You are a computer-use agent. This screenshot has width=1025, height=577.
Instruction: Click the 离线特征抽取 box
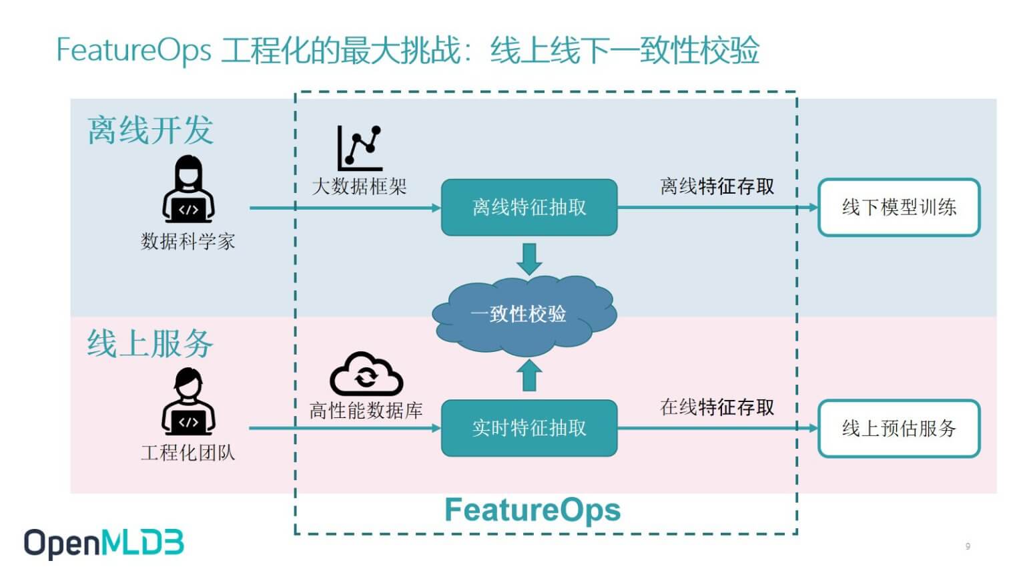coord(529,208)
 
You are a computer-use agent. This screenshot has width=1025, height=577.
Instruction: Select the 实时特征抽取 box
coord(529,428)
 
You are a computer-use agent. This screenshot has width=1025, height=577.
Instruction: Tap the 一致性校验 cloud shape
coord(525,315)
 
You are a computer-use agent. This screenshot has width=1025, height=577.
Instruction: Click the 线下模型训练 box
coord(899,208)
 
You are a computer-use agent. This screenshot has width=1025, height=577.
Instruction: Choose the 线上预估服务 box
coord(899,429)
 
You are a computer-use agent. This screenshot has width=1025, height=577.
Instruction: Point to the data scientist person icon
coord(188,189)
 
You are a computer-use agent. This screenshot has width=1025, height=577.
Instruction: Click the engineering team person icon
coord(188,401)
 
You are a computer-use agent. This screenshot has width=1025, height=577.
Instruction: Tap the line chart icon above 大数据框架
coord(360,148)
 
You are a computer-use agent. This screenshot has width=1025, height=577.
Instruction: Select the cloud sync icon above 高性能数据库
coord(366,374)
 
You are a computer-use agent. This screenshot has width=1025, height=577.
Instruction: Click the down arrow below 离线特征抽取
coord(529,259)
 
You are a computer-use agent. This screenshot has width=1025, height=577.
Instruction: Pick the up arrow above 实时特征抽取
coord(529,375)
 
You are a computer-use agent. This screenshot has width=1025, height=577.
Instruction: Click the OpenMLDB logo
coord(104,544)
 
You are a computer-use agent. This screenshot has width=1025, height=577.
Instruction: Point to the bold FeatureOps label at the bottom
coord(533,510)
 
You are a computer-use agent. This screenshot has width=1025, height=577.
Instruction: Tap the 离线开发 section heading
coord(150,130)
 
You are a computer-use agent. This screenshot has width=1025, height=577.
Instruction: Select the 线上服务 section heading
coord(150,343)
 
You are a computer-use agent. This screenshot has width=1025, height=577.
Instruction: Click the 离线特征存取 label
coord(717,186)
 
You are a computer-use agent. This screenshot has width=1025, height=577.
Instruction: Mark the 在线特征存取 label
coord(717,407)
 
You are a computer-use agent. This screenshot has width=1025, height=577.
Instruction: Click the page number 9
coord(968,546)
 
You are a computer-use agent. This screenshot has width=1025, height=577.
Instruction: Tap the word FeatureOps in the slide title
coord(133,50)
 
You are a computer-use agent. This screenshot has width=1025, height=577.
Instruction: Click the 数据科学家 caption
coord(188,241)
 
